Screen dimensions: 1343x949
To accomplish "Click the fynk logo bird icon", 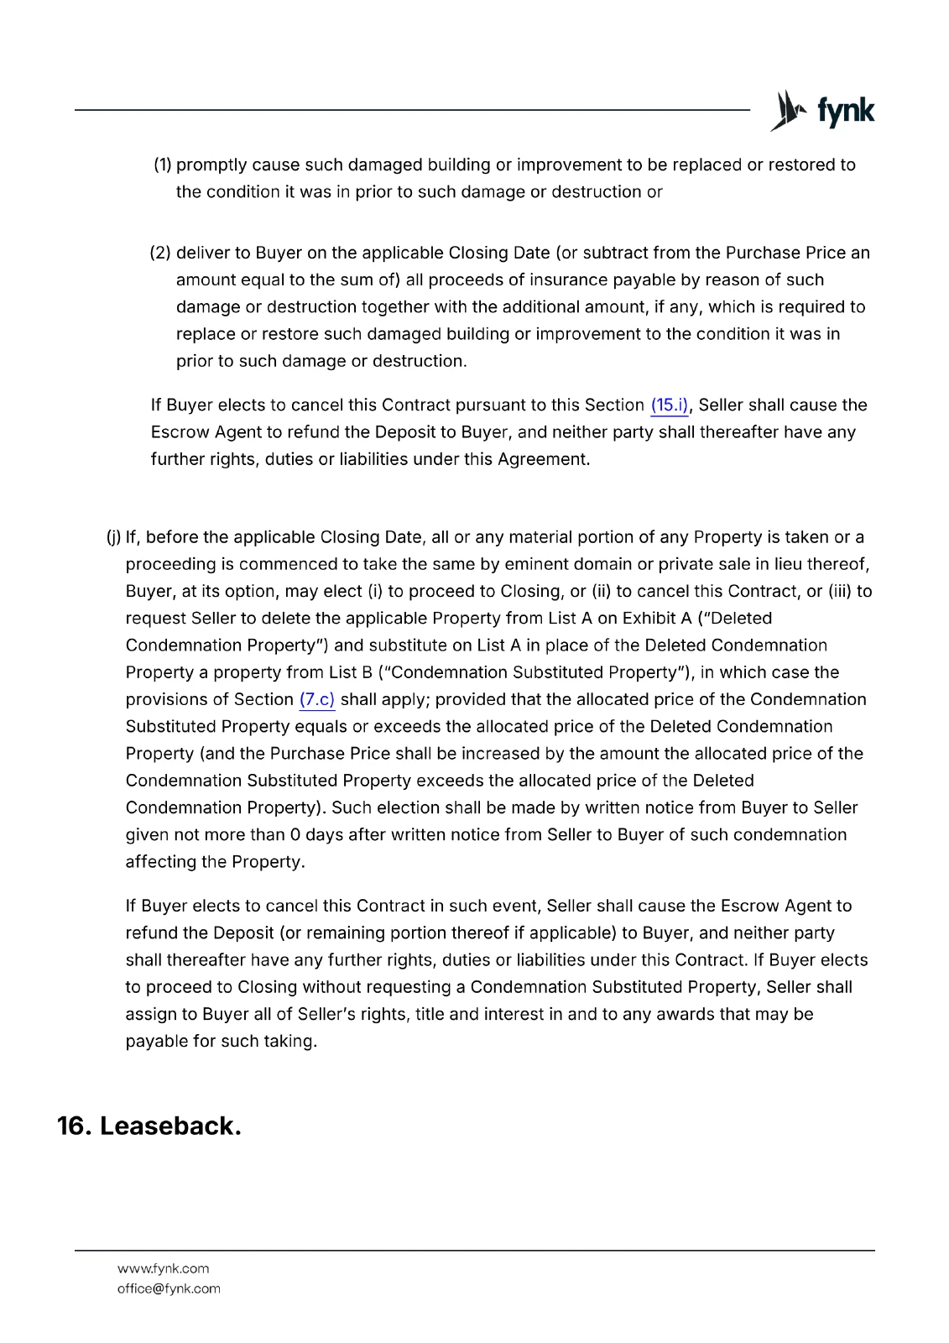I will coord(789,111).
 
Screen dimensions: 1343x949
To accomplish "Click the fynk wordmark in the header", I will coord(846,111).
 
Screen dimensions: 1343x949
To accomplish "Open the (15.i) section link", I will coord(669,405).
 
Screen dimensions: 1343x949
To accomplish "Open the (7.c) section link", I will coord(316,700).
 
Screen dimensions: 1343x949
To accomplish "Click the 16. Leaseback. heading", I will coord(149,1126).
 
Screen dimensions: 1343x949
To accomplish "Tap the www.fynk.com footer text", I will coord(163,1269).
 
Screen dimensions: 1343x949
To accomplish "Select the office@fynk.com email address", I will coord(169,1289).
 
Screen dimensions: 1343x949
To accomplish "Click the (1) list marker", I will coord(162,165).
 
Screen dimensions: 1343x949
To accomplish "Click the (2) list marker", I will coord(160,253).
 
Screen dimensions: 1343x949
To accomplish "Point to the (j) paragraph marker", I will coord(113,538).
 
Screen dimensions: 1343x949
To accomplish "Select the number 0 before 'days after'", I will coord(295,835).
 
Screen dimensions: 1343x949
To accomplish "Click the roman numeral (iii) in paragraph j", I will coord(840,592).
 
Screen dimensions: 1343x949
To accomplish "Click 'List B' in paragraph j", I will coord(351,673).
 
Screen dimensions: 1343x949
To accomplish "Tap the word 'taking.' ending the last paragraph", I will coord(291,1042).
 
